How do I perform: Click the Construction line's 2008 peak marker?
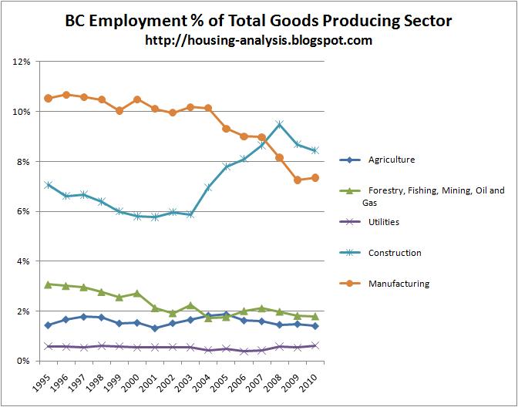pos(280,124)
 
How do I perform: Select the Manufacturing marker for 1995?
pos(49,98)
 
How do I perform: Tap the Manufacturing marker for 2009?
pos(298,180)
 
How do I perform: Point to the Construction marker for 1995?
pos(49,185)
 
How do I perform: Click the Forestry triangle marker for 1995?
pos(49,284)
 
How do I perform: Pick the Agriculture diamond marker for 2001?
pos(155,328)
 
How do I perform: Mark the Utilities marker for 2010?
pos(315,346)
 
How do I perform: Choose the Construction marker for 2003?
pos(190,214)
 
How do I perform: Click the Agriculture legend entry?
pos(378,160)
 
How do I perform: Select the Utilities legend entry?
pos(370,222)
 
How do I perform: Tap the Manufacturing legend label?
pos(399,284)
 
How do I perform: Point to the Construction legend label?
pos(395,253)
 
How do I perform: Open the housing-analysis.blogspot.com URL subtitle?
pos(259,40)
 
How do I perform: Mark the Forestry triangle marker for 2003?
pos(190,305)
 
